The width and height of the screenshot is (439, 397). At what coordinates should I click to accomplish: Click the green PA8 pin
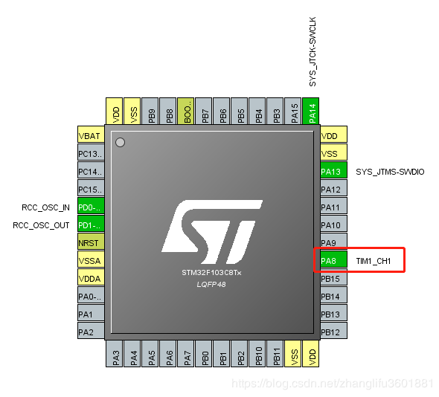coord(334,261)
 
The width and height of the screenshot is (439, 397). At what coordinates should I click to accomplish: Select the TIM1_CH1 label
coord(374,261)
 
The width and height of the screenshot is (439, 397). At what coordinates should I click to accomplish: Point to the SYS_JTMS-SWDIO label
coord(390,172)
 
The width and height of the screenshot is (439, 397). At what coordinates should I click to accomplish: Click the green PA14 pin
coord(311,111)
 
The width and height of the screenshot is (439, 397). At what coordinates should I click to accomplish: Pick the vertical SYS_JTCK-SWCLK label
coord(313,51)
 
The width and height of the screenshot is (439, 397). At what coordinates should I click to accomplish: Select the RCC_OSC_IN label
coord(45,207)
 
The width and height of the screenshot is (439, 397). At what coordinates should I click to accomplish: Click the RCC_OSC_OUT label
coord(41,225)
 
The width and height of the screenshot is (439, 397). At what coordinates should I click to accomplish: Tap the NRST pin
coord(91,242)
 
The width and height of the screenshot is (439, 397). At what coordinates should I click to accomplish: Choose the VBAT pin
coord(91,135)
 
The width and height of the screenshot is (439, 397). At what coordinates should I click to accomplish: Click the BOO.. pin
coord(186,111)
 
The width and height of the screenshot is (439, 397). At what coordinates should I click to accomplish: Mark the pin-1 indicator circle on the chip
coord(120,143)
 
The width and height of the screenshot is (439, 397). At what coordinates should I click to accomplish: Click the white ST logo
coord(212,232)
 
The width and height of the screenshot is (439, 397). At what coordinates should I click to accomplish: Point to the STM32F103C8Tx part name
coord(211,273)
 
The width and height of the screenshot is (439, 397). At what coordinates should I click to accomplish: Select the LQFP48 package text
coord(211,285)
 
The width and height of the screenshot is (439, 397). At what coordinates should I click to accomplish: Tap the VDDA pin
coord(91,277)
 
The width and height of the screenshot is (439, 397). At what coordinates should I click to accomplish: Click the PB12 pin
coord(334,331)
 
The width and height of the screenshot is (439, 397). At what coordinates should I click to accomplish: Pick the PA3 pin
coord(115,354)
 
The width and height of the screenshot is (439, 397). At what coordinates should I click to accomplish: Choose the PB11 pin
coord(275,354)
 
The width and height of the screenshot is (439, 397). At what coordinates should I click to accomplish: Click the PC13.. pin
coord(91,152)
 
